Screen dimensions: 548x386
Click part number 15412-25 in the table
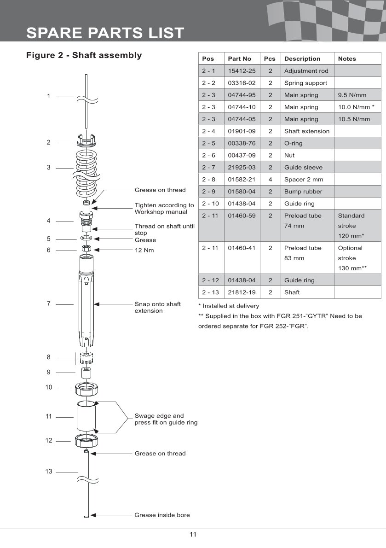tap(242, 71)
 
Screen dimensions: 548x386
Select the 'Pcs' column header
tap(270, 59)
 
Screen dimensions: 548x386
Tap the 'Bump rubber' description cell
tap(303, 192)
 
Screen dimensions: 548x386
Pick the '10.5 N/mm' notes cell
tap(354, 119)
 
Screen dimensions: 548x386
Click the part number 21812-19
tap(242, 292)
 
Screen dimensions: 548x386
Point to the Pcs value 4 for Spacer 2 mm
tap(270, 180)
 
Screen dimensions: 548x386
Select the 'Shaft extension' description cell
tap(306, 131)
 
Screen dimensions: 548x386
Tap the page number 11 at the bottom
tap(193, 535)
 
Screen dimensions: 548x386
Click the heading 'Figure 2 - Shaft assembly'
tap(84, 56)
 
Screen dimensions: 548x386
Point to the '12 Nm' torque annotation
tap(144, 251)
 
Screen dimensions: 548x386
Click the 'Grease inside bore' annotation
tap(162, 515)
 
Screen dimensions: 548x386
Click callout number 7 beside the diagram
tap(49, 304)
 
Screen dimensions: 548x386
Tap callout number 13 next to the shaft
tap(49, 472)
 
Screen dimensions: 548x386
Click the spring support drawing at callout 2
tap(86, 140)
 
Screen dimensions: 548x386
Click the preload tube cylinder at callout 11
tap(86, 417)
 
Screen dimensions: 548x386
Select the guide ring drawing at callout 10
tap(86, 390)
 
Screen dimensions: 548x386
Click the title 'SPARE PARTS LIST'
tap(105, 33)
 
